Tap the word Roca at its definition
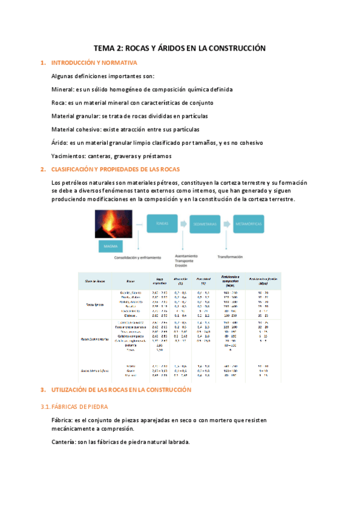tap(59, 102)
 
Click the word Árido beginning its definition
tap(59, 142)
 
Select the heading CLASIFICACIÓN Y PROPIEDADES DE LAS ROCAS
tap(116, 169)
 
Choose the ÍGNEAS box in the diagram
tap(161, 223)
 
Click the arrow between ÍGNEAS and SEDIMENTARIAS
tap(183, 223)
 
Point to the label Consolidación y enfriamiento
tap(138, 257)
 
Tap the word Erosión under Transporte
tap(182, 265)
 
